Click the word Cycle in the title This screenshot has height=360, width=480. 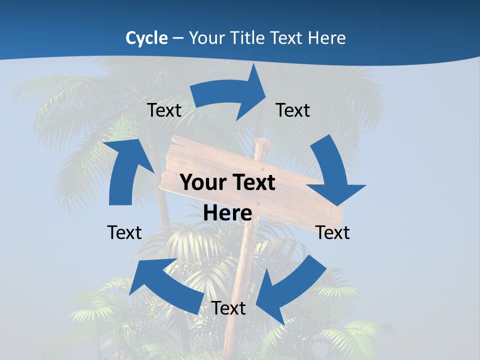tap(146, 38)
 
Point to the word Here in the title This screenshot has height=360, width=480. tap(326, 38)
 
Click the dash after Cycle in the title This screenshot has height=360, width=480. tap(178, 38)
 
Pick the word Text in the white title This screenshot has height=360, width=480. tap(286, 38)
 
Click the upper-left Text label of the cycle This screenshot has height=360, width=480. tap(164, 110)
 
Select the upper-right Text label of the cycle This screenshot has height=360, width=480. tap(293, 110)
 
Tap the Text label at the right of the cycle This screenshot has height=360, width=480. tap(332, 232)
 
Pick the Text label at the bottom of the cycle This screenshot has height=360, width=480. tap(228, 308)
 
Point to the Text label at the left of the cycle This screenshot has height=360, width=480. tap(124, 232)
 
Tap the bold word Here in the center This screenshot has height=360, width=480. tap(227, 213)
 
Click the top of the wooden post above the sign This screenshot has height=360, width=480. tap(261, 143)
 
